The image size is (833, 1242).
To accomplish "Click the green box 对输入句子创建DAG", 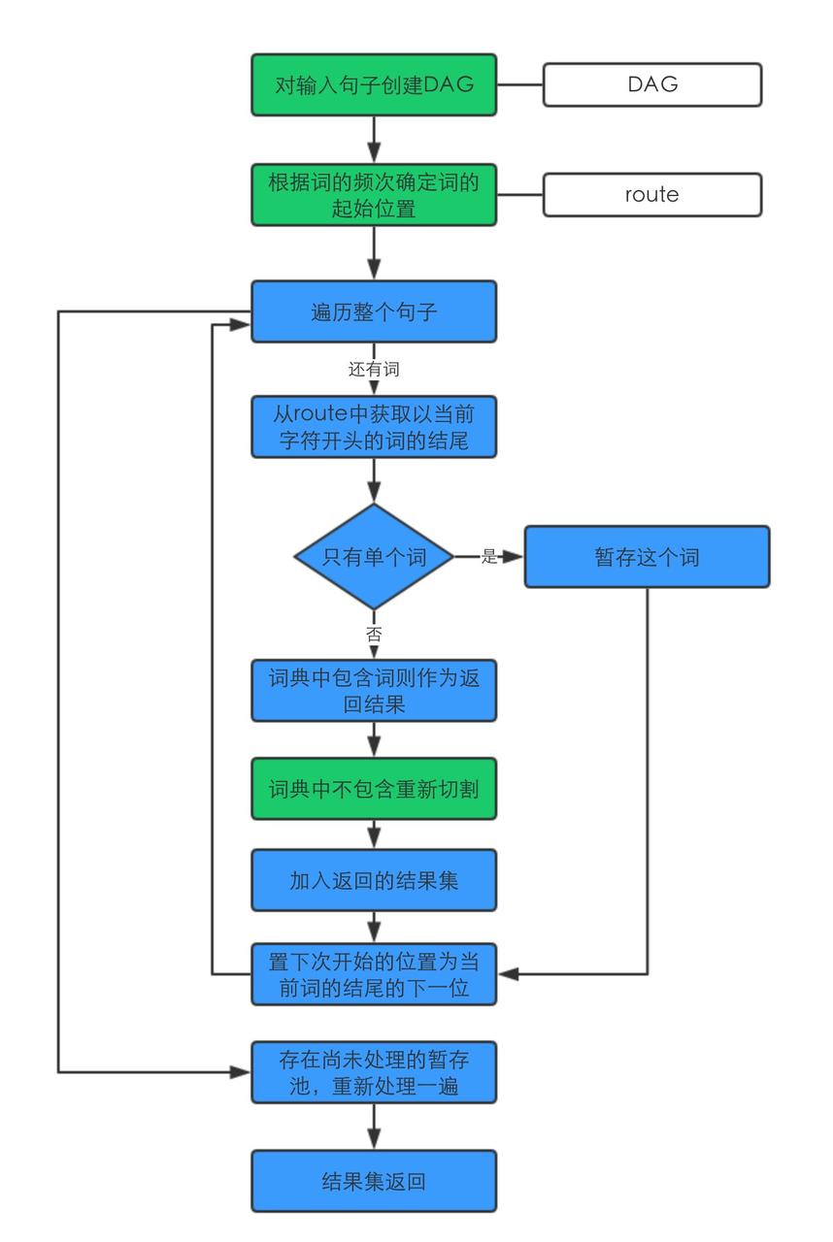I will [374, 84].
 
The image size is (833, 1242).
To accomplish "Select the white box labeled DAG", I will [651, 84].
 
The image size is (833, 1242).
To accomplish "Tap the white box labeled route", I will [651, 194].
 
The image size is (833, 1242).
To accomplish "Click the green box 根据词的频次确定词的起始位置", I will [374, 194].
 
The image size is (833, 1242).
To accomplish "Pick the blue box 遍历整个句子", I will [374, 311].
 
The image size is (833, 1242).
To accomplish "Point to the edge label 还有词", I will [374, 370].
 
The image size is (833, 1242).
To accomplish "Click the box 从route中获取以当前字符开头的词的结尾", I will [374, 427].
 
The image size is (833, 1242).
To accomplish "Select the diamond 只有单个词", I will [374, 557].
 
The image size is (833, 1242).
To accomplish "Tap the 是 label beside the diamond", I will [489, 557].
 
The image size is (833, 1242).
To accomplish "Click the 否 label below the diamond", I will [374, 635].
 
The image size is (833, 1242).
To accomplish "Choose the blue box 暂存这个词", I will [647, 557].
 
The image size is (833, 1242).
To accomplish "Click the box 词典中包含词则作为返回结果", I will [374, 690].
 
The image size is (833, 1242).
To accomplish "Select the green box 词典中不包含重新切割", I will [374, 789].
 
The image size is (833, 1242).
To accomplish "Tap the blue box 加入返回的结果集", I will [374, 880].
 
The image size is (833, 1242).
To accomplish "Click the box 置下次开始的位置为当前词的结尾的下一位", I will [374, 974].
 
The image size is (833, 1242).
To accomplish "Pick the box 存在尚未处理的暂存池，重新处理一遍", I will [374, 1072].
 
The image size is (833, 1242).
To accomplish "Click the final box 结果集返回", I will [374, 1181].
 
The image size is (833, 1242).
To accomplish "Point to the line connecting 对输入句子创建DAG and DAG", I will [519, 84].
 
